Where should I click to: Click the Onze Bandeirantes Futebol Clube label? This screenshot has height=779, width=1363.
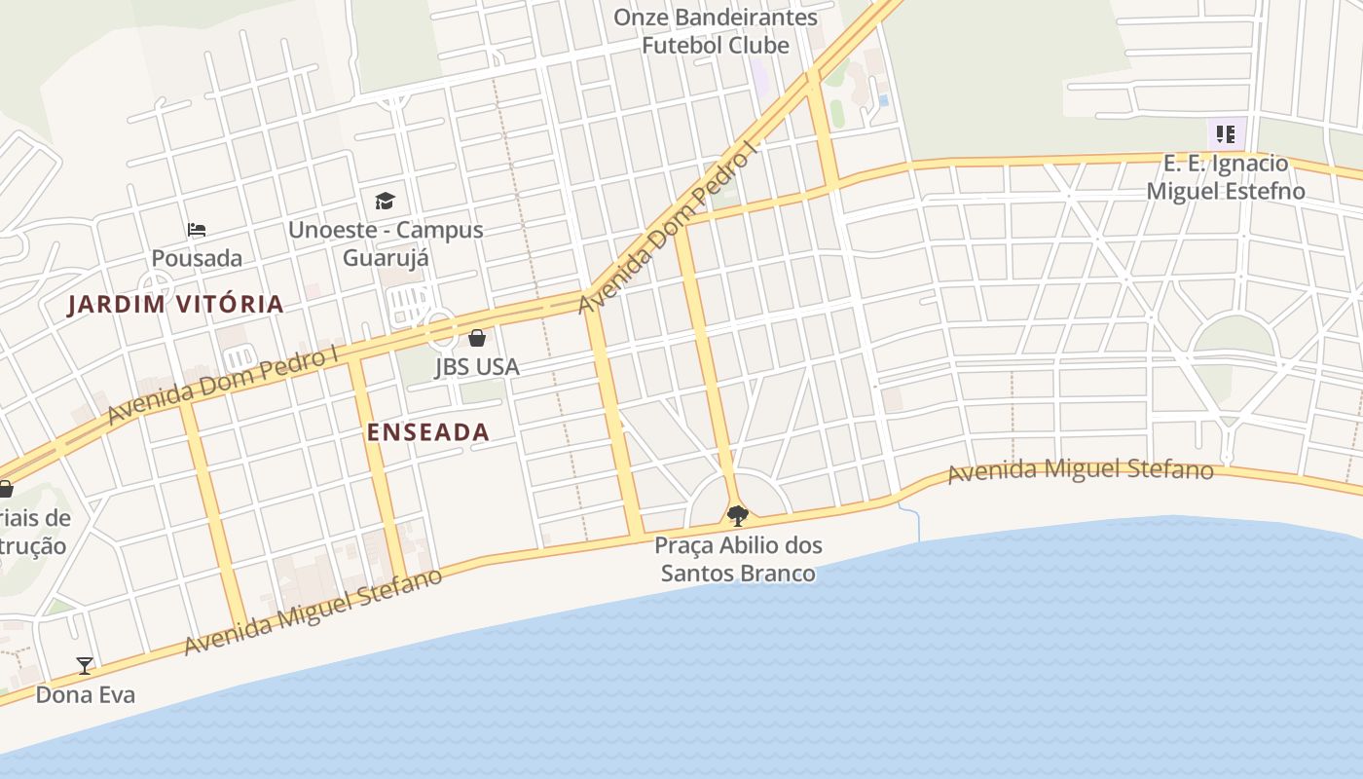pos(716,31)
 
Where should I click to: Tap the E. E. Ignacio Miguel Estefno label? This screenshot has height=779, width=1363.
pos(1225,177)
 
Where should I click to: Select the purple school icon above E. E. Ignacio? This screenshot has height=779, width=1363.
pos(1224,133)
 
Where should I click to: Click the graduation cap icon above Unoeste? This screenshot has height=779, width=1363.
pos(386,201)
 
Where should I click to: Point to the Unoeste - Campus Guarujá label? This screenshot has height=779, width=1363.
pos(386,243)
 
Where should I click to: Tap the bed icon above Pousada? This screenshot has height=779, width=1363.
pos(197,230)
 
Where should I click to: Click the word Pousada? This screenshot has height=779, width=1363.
pos(197,258)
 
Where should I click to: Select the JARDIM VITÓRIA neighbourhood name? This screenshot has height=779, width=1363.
pos(175,305)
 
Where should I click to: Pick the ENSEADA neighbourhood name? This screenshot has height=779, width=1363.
pos(428,432)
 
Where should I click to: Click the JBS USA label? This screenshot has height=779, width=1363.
pos(477,367)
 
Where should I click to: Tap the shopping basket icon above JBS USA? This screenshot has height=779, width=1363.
pos(477,338)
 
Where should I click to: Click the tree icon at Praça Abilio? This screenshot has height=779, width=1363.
pos(738,515)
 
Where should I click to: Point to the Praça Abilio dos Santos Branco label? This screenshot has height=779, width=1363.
pos(738,559)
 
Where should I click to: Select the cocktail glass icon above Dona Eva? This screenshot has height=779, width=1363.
pos(85,666)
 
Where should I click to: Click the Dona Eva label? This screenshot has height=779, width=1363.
pos(85,694)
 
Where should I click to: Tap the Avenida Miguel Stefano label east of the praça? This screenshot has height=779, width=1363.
pos(1081,471)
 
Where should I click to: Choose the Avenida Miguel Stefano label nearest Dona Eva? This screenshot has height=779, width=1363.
pos(313,612)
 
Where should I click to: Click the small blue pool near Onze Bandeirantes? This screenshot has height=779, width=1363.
pos(883,100)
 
